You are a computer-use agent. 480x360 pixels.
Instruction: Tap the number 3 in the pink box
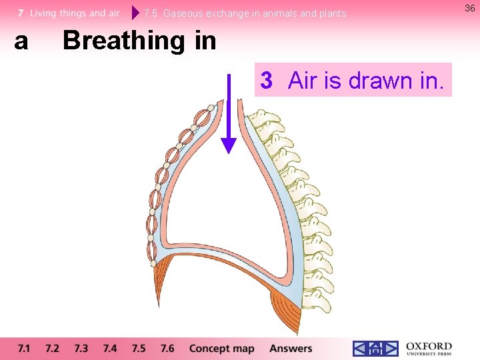(267, 81)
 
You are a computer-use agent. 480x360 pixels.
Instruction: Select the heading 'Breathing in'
(139, 41)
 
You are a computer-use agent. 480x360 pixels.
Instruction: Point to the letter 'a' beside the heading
(21, 41)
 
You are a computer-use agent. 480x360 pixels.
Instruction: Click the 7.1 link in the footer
(24, 348)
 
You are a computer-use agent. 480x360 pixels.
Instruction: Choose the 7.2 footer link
(53, 348)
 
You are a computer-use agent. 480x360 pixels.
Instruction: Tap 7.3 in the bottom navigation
(81, 348)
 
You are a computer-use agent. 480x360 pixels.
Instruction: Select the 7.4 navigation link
(110, 348)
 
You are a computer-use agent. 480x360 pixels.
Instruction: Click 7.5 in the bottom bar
(139, 348)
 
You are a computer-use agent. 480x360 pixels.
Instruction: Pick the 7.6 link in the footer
(167, 348)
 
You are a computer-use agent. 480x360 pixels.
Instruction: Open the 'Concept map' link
(221, 348)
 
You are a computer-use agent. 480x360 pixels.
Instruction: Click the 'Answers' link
(291, 348)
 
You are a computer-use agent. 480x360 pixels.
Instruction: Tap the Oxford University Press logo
(429, 349)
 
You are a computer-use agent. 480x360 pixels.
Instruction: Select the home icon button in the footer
(375, 349)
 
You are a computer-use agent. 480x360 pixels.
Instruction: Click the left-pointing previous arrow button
(359, 349)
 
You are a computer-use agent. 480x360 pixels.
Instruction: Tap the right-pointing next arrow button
(391, 349)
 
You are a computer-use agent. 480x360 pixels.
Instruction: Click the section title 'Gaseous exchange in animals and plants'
(254, 13)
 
